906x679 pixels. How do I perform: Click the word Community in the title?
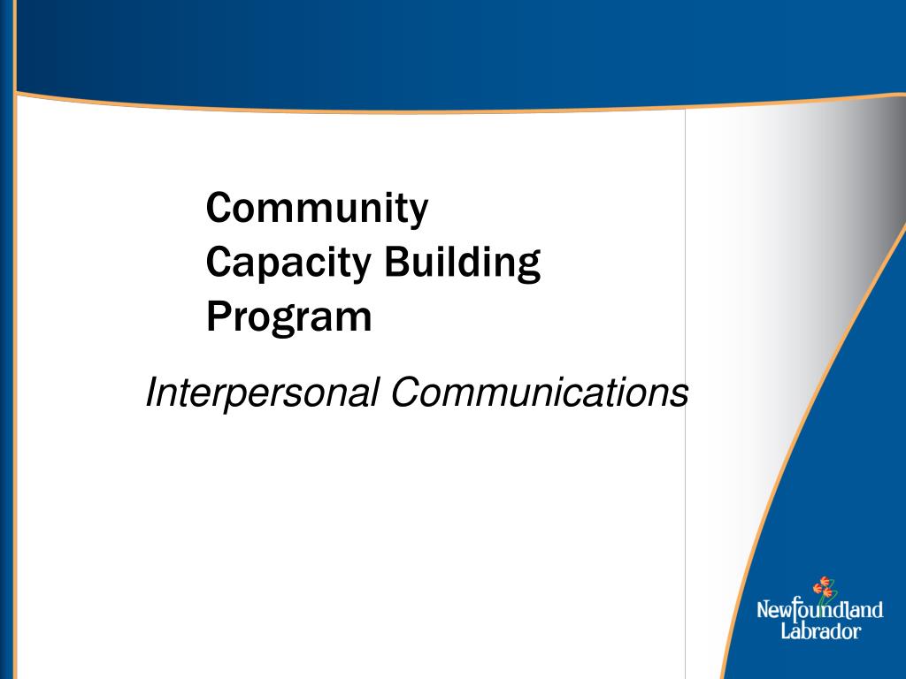click(317, 210)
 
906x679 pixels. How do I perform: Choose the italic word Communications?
click(540, 393)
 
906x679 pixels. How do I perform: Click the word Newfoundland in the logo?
click(819, 609)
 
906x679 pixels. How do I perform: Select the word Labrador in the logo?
click(819, 631)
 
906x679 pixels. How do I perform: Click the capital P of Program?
click(218, 317)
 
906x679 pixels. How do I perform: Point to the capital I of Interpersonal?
click(150, 392)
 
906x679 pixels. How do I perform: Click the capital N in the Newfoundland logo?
click(764, 609)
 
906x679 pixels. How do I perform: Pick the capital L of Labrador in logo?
click(785, 630)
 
